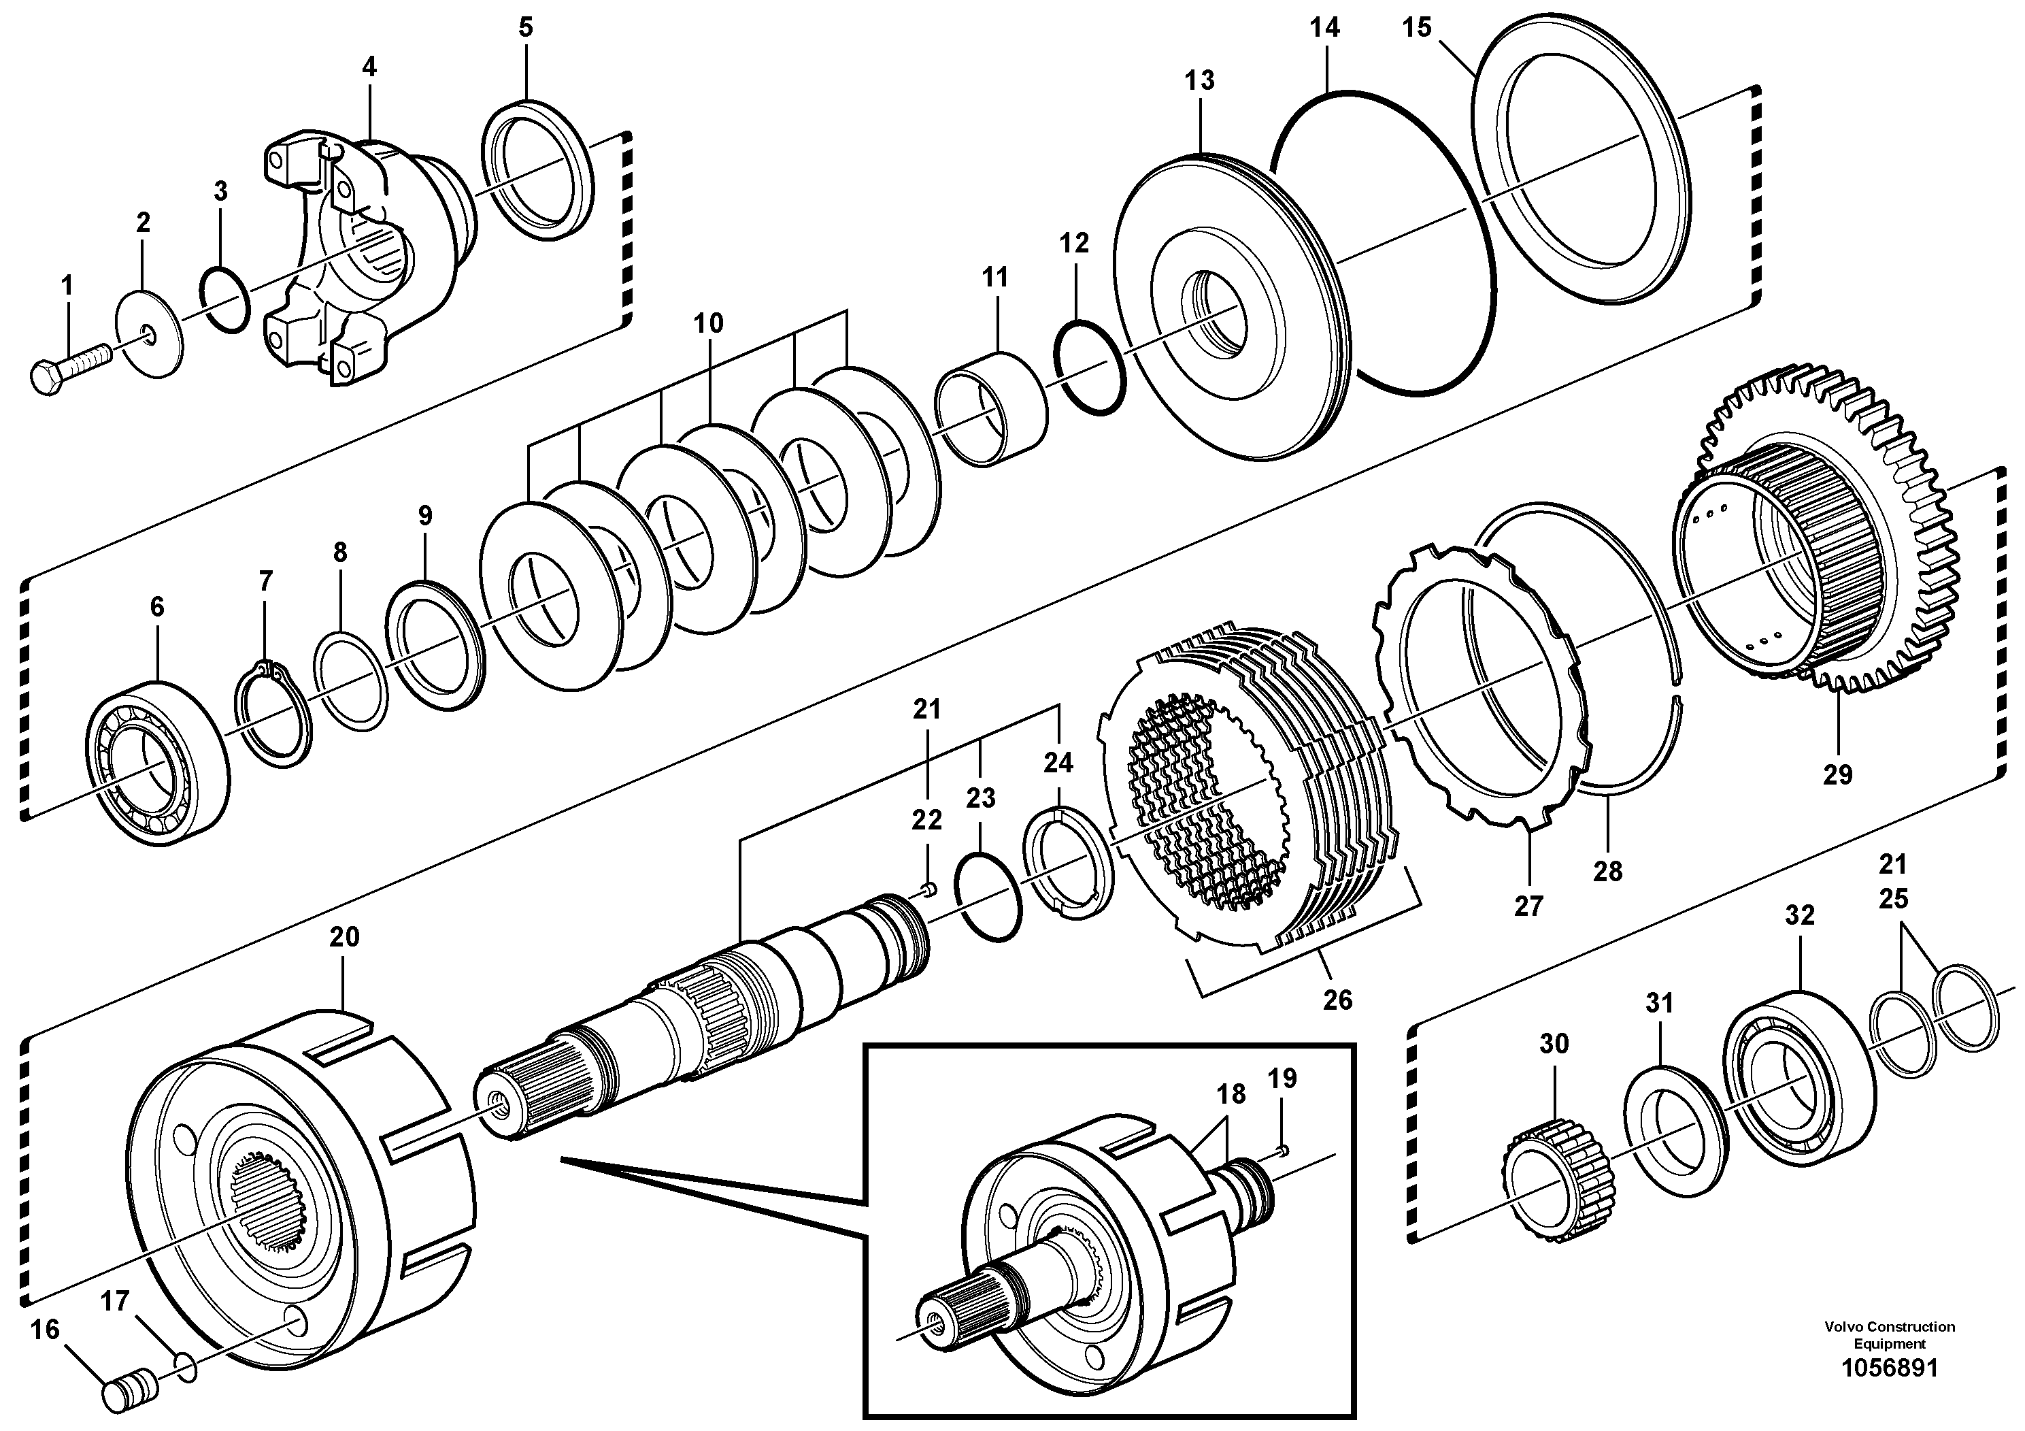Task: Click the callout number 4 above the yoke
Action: click(369, 67)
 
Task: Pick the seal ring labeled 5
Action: click(538, 169)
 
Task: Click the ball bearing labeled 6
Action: click(157, 763)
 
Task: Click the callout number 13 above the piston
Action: click(1199, 80)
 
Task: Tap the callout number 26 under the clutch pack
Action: click(1337, 1000)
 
